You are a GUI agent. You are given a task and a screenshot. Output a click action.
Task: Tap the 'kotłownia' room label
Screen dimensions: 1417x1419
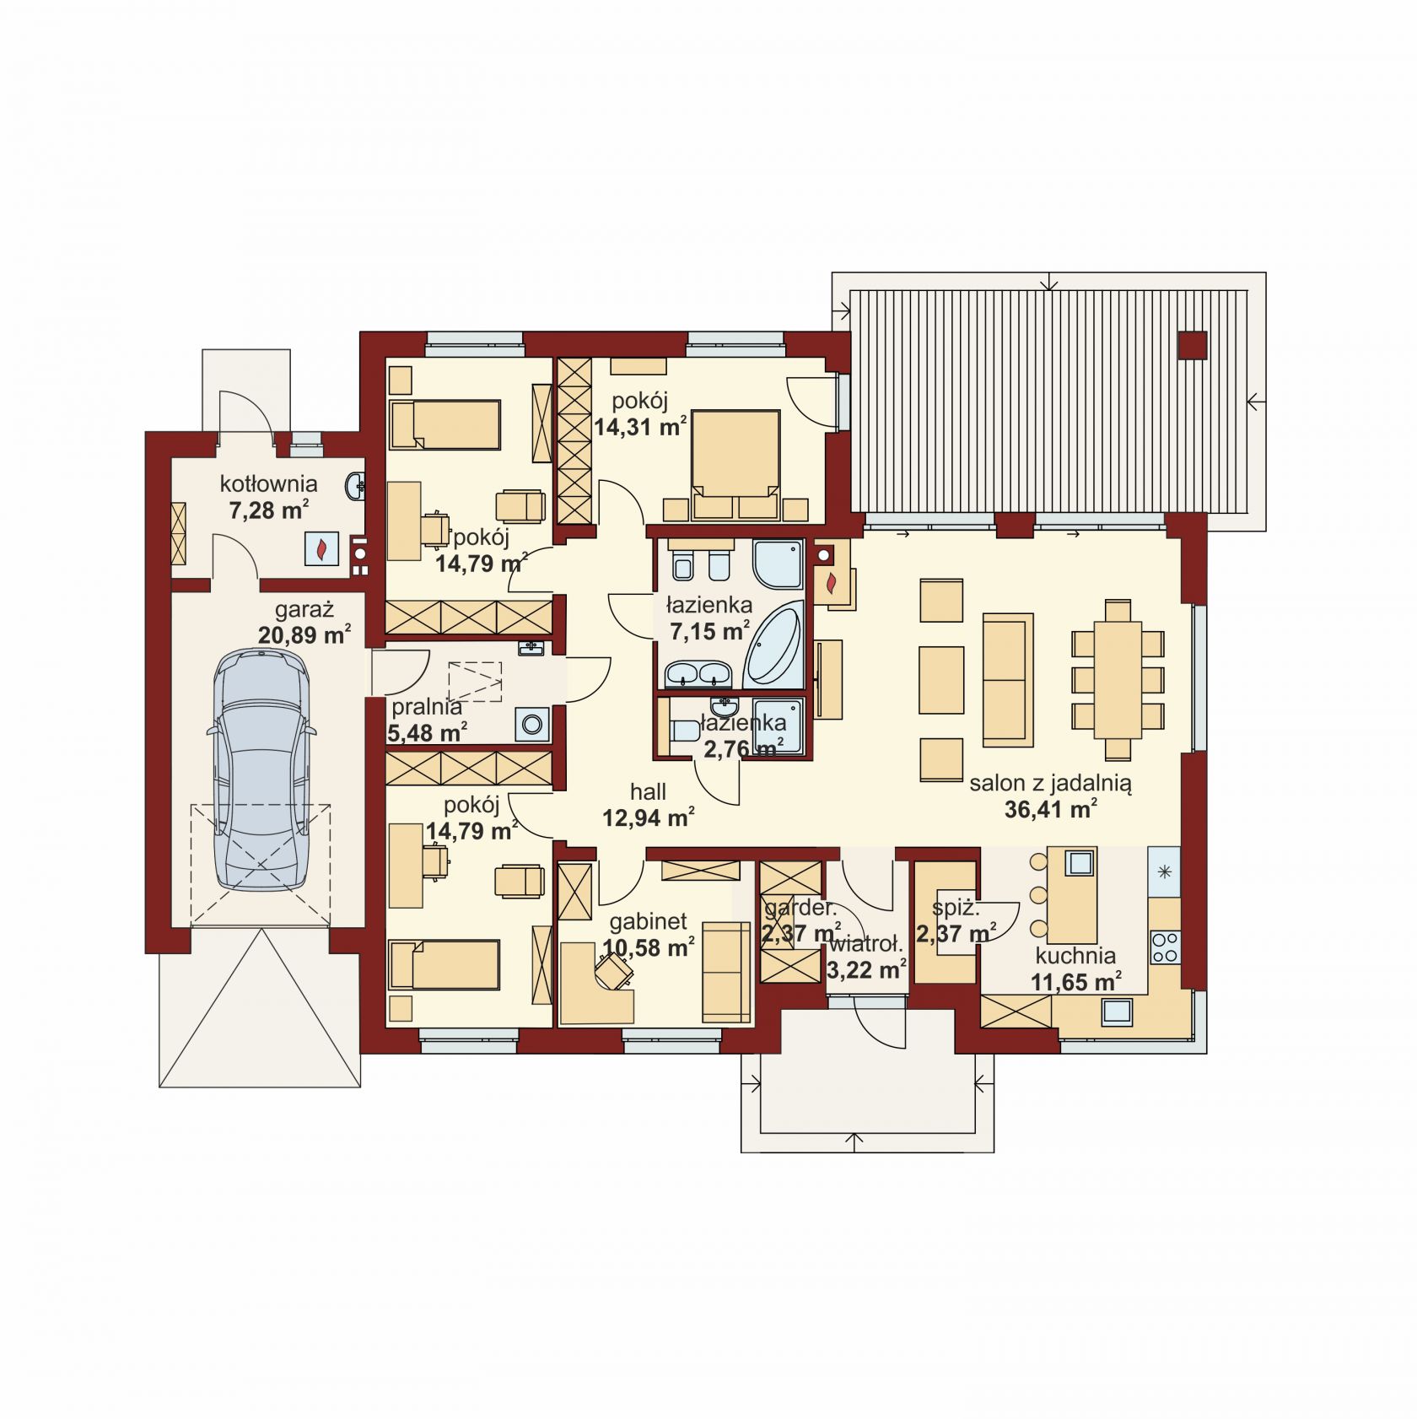[x=268, y=484]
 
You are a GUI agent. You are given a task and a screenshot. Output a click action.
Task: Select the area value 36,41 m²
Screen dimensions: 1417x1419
[x=1050, y=810]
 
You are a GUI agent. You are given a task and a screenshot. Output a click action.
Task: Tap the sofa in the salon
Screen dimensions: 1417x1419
[x=1008, y=680]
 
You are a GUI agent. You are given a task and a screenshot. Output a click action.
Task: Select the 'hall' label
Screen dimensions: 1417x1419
[x=648, y=791]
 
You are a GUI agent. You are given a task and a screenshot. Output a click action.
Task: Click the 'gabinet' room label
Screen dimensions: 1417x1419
[x=649, y=921]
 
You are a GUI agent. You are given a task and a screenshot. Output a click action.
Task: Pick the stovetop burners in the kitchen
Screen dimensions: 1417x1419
[x=1165, y=946]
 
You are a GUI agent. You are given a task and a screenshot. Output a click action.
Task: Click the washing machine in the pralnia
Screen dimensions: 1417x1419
[x=533, y=724]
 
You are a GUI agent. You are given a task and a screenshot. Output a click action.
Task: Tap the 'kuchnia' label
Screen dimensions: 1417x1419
[x=1075, y=956]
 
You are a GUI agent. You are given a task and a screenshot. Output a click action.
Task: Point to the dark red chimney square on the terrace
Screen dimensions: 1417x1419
[x=1193, y=345]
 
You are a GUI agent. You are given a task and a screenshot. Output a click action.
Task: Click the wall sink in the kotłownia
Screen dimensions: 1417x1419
[x=356, y=485]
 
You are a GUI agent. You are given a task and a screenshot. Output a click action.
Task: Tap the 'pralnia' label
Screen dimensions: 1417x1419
[x=427, y=706]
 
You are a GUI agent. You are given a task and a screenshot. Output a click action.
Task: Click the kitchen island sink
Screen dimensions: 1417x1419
[x=1080, y=863]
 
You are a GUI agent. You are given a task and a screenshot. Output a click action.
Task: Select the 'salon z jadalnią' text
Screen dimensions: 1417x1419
[x=1050, y=783]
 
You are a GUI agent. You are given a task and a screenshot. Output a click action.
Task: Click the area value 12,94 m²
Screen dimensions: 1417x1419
[x=648, y=817]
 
